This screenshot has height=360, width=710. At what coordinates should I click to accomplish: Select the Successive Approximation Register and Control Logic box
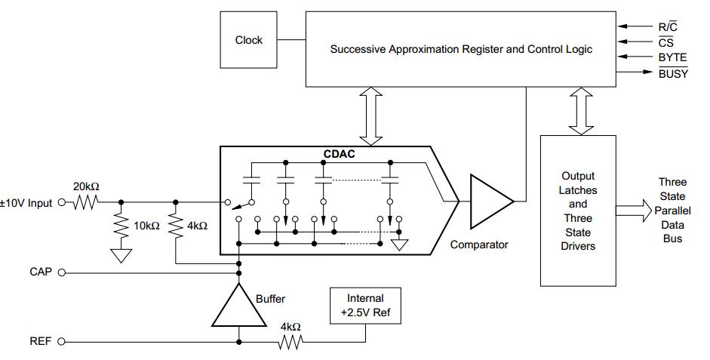(461, 49)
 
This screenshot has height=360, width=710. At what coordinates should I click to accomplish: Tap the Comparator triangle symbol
(489, 202)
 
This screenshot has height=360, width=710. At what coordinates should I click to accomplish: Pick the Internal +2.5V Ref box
(365, 305)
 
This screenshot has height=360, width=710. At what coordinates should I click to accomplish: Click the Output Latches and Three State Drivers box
(577, 211)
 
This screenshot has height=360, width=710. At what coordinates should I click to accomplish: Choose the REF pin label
(40, 341)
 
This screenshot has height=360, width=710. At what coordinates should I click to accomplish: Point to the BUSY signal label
(673, 73)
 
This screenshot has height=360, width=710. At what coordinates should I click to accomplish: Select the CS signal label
(665, 42)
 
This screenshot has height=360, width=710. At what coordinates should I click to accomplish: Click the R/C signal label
(667, 27)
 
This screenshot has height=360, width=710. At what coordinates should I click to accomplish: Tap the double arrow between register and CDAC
(371, 115)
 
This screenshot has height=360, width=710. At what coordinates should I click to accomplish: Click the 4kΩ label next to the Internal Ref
(290, 327)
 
